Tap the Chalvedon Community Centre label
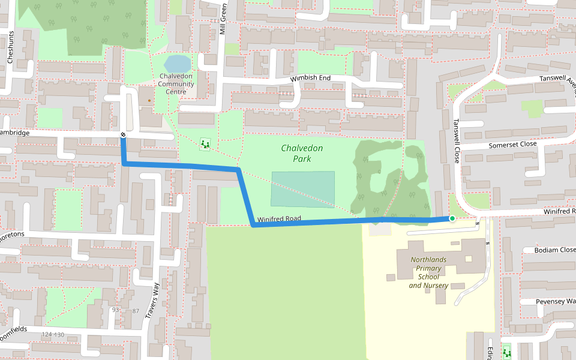click(x=176, y=84)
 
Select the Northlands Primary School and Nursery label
click(x=428, y=272)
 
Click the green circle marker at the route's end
click(x=452, y=219)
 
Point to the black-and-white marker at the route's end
click(x=122, y=135)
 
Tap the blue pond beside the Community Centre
click(x=176, y=63)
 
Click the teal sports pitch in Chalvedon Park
click(x=302, y=189)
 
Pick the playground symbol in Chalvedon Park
click(x=206, y=143)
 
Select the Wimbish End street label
click(x=310, y=79)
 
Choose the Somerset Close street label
click(x=512, y=145)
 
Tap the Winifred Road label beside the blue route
click(x=279, y=219)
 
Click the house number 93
click(x=116, y=310)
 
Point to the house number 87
click(x=135, y=311)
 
